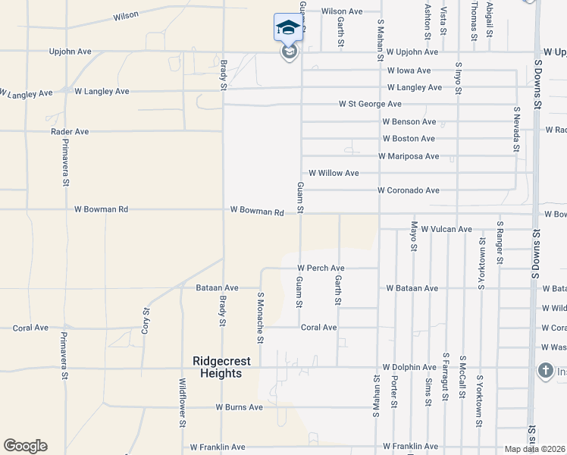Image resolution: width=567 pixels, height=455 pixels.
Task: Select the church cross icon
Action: [545, 371]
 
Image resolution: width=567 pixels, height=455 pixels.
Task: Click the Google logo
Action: [25, 446]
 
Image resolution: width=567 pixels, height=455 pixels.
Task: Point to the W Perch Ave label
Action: [321, 268]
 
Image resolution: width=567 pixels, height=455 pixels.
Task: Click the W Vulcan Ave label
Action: [446, 229]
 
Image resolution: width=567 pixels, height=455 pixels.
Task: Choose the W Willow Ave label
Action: [334, 173]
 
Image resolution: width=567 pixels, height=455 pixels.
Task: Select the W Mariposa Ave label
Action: [409, 156]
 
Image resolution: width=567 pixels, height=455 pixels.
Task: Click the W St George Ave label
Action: [370, 104]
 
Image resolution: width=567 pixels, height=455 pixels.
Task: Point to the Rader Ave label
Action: [70, 131]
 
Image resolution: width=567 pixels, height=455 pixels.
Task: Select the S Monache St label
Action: [260, 318]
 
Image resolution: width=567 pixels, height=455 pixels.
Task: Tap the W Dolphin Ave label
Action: [409, 367]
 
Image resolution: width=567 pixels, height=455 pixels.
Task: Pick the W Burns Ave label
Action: [239, 407]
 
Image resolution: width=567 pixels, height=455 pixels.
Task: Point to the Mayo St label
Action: [414, 236]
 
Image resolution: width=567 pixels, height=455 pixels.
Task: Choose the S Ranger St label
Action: [500, 243]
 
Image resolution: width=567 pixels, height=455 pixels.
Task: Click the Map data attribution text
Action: [535, 450]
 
